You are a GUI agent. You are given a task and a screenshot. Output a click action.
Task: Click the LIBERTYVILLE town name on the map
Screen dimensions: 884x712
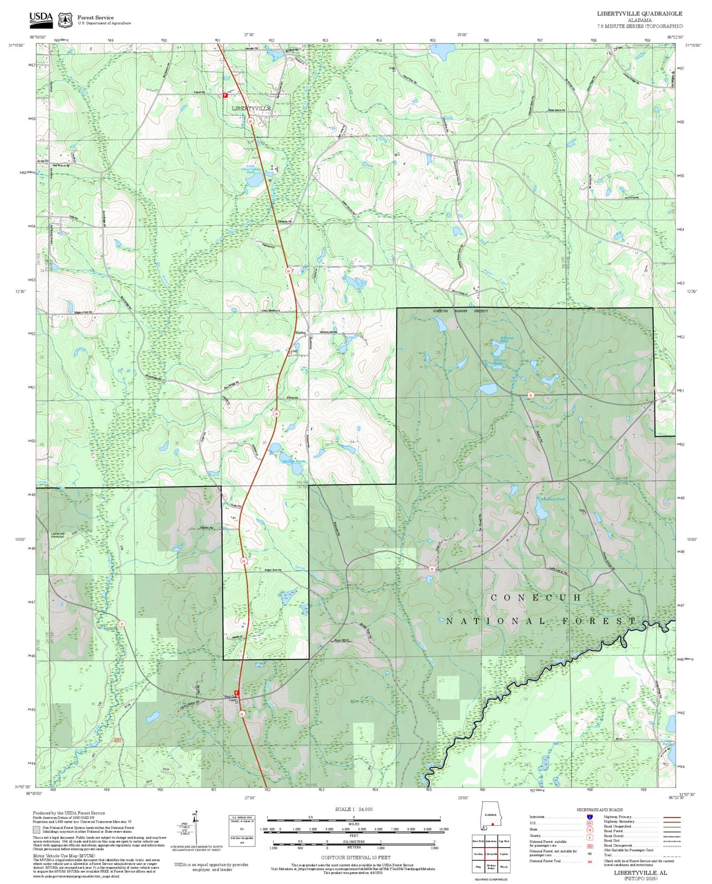tap(251, 108)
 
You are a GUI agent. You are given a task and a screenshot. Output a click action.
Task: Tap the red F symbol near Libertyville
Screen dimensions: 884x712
tap(225, 95)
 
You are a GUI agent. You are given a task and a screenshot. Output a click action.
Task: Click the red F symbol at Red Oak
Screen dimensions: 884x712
tap(237, 692)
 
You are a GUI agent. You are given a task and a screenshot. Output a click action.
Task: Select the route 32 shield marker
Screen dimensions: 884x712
tap(531, 395)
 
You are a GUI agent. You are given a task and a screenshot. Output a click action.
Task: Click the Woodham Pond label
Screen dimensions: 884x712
tap(553, 499)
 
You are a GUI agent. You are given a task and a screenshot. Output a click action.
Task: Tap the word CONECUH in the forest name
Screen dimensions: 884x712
tap(536, 597)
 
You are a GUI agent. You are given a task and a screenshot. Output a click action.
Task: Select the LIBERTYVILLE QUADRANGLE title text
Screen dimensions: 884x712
tap(640, 14)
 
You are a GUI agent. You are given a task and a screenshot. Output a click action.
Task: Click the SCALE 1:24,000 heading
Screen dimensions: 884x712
tap(353, 809)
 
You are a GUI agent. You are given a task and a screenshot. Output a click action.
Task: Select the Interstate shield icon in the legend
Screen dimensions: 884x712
tap(590, 817)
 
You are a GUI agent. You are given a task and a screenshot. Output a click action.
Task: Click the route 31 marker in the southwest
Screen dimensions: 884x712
tap(121, 624)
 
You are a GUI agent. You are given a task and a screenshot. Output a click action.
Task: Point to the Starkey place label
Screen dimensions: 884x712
tap(300, 333)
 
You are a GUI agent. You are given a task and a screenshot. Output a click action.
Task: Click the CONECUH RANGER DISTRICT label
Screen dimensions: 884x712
tap(460, 311)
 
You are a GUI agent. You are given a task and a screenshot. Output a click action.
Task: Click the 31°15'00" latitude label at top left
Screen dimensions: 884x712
tap(16, 45)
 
